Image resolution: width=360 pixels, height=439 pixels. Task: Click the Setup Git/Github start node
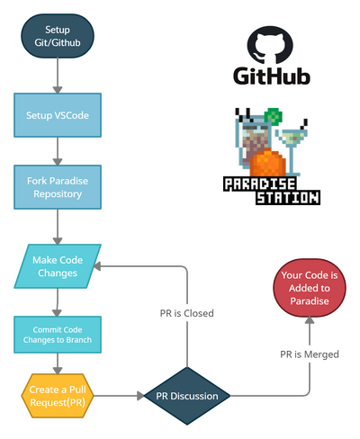(58, 36)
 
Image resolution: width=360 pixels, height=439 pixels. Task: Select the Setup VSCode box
(58, 115)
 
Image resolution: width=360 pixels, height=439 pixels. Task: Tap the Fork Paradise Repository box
(58, 187)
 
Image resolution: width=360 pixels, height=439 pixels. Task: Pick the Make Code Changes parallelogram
(58, 266)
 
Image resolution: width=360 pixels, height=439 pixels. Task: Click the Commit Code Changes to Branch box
(58, 335)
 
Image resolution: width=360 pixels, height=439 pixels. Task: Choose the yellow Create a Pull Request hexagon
(58, 396)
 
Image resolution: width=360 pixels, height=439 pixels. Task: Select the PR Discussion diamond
(187, 396)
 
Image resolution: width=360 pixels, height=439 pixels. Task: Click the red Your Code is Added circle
(310, 288)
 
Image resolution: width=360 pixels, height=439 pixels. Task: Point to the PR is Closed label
(187, 313)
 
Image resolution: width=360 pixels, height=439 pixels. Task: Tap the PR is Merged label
(310, 354)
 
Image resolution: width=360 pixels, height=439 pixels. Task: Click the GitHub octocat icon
(270, 44)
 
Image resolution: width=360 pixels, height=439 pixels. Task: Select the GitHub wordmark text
(272, 76)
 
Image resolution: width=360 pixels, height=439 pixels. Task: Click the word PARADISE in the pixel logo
(260, 184)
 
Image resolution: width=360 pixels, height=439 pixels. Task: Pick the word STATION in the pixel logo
(288, 198)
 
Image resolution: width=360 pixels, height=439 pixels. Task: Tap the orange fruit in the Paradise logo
(267, 163)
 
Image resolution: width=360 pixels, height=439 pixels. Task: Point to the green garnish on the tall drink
(274, 116)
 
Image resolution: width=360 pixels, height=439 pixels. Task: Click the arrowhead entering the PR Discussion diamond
(140, 396)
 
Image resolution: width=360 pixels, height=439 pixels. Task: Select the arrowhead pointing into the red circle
(310, 320)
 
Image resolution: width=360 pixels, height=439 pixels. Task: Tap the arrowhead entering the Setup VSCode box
(58, 90)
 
